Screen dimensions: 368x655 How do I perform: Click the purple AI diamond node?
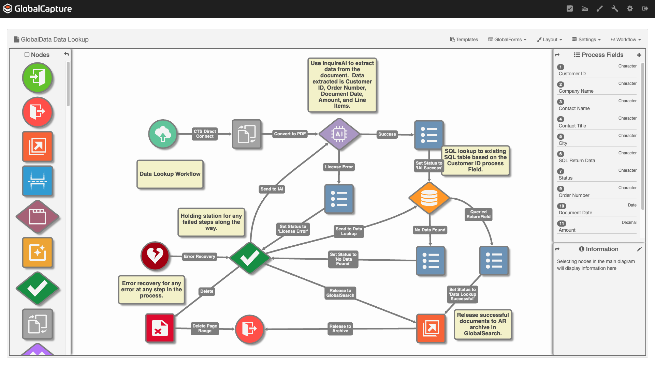pos(339,134)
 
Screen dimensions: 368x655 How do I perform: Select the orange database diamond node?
pos(429,198)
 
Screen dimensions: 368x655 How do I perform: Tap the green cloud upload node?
pos(163,134)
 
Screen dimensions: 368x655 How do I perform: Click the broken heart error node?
pos(155,256)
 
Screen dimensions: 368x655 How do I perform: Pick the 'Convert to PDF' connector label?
pos(290,134)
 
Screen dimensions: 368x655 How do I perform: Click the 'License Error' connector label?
pos(339,167)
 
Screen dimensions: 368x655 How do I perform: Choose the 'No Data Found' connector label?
pos(430,230)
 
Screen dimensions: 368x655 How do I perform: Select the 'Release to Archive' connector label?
pos(340,328)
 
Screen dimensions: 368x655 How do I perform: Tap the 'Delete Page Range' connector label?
pos(205,328)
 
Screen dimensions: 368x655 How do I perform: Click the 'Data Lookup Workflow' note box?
pos(170,174)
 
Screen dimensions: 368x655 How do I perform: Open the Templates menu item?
pos(464,40)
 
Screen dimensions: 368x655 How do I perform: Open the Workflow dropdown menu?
pos(626,40)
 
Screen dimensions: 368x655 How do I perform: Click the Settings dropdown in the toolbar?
pos(586,40)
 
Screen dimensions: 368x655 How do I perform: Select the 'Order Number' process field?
pos(574,195)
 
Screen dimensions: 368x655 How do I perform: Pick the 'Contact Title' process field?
pos(572,126)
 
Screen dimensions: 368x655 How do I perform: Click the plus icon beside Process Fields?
pos(639,55)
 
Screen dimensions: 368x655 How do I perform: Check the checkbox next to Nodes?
pos(27,55)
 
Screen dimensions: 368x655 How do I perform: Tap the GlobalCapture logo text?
pos(43,9)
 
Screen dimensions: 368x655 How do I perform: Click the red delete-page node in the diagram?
pos(160,328)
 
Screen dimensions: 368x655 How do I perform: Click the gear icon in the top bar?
pos(630,9)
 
